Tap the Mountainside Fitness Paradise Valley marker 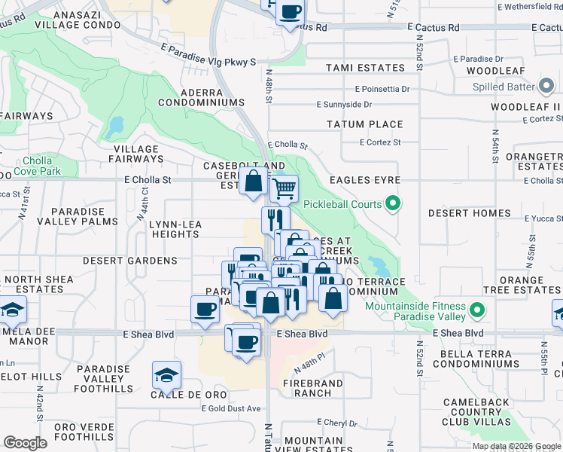click(476, 310)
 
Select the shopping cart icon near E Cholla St click(284, 189)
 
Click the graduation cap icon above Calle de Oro click(166, 374)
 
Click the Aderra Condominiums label click(201, 102)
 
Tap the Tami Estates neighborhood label click(365, 68)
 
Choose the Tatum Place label click(365, 124)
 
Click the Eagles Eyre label click(364, 181)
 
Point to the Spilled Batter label click(503, 87)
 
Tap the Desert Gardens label click(130, 261)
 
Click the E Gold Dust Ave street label click(231, 408)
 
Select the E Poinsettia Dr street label click(373, 88)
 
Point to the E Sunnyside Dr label click(344, 105)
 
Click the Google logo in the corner click(25, 443)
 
